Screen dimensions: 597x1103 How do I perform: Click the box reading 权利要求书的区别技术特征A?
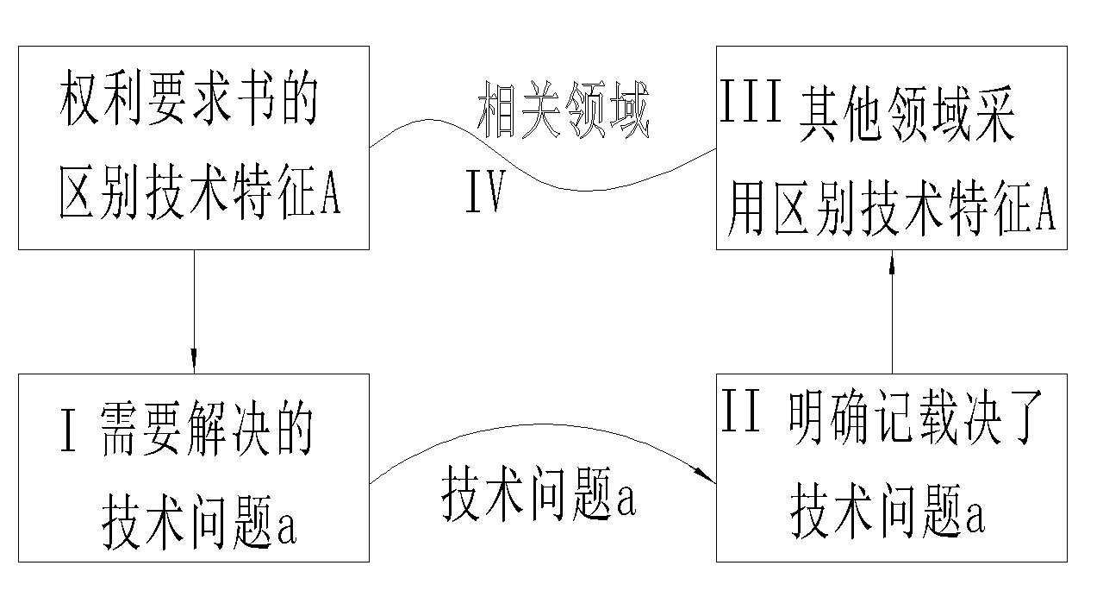click(x=194, y=148)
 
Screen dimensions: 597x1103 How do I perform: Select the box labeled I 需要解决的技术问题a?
click(x=194, y=468)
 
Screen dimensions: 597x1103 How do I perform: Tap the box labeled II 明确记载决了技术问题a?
click(x=891, y=468)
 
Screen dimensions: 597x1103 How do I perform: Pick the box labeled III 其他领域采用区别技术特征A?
click(x=891, y=148)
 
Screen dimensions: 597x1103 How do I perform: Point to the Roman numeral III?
click(x=751, y=105)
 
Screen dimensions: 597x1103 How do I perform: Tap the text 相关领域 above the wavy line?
click(x=562, y=111)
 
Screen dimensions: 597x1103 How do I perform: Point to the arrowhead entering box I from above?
click(x=194, y=358)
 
